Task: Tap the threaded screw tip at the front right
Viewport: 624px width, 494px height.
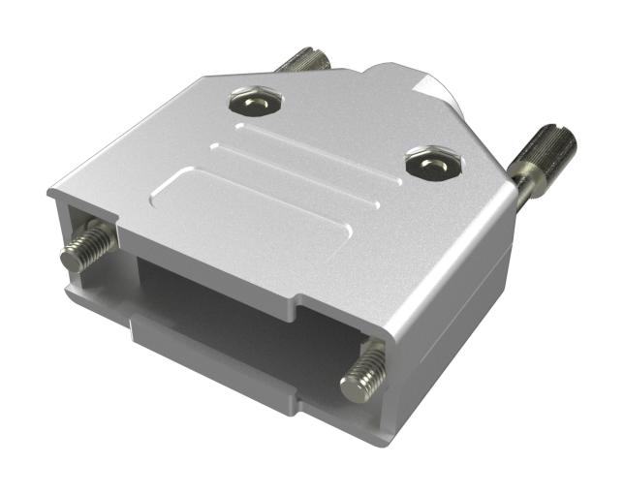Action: [x=364, y=370]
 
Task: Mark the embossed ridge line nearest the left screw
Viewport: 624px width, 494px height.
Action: [x=291, y=131]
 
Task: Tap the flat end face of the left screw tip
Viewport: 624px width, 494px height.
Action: [x=71, y=259]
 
